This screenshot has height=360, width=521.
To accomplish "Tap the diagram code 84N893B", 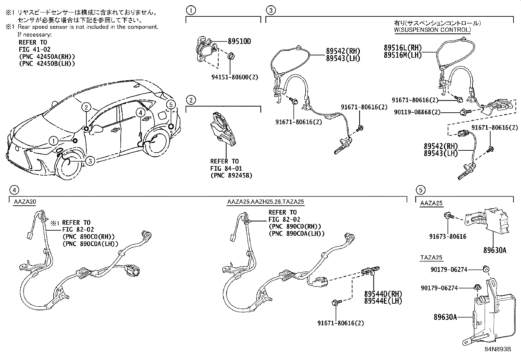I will pyautogui.click(x=498, y=349).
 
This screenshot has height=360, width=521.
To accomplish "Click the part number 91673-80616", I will pyautogui.click(x=448, y=236).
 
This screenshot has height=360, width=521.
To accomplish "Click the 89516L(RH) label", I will pyautogui.click(x=403, y=48).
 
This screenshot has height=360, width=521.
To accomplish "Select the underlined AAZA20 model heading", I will pyautogui.click(x=25, y=202).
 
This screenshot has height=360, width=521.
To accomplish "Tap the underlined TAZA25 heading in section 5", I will pyautogui.click(x=431, y=257).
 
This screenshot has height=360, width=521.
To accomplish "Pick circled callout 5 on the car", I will pyautogui.click(x=170, y=104).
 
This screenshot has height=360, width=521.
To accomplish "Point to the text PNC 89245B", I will pyautogui.click(x=231, y=175).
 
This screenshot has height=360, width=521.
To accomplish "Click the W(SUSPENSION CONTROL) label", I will pyautogui.click(x=432, y=29).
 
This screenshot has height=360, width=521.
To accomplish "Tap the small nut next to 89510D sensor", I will pyautogui.click(x=230, y=56).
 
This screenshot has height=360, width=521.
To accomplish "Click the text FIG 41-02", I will pyautogui.click(x=34, y=49).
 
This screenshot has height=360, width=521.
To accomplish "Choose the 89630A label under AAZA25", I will pyautogui.click(x=494, y=250).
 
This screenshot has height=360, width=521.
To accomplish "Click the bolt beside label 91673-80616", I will pyautogui.click(x=448, y=216).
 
